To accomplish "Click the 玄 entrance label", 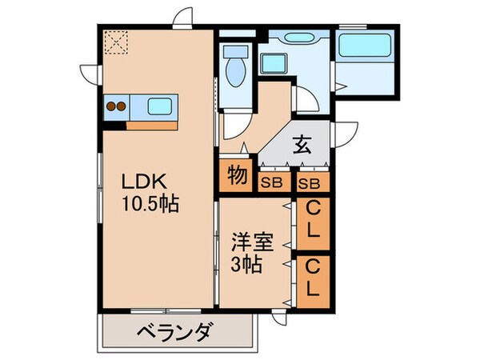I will point(301,146).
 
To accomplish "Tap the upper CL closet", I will point(313,221).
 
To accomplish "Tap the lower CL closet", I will point(313,278).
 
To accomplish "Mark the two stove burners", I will point(118,106).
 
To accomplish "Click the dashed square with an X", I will point(117,42).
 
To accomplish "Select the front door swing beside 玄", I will point(346,134).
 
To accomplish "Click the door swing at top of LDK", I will point(184,18).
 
